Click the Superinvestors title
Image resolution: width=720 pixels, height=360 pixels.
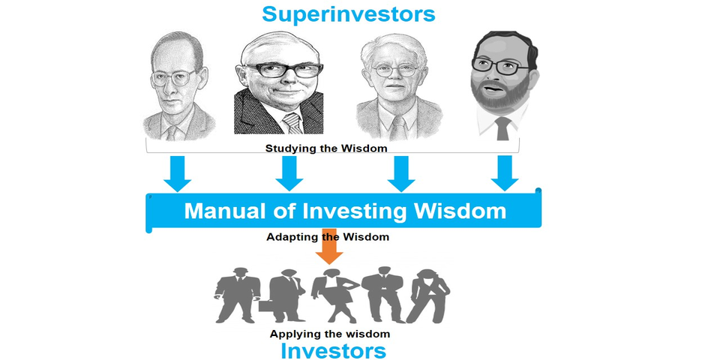(349, 13)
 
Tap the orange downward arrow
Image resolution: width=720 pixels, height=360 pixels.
(329, 246)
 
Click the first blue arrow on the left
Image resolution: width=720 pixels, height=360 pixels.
(177, 173)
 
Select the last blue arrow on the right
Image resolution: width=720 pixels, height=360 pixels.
(505, 173)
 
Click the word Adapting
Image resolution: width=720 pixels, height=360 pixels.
(289, 238)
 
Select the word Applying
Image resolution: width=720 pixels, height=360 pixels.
(291, 334)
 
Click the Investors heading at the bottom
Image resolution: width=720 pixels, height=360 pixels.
(333, 351)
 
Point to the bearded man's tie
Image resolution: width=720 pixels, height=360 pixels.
(502, 128)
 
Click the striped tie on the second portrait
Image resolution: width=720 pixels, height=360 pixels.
(292, 123)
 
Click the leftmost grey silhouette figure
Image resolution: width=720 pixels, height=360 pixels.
(238, 295)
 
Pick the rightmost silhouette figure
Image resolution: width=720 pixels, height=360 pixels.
(429, 295)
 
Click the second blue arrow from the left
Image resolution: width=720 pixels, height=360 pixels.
(289, 173)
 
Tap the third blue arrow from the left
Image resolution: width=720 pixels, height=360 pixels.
(400, 173)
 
